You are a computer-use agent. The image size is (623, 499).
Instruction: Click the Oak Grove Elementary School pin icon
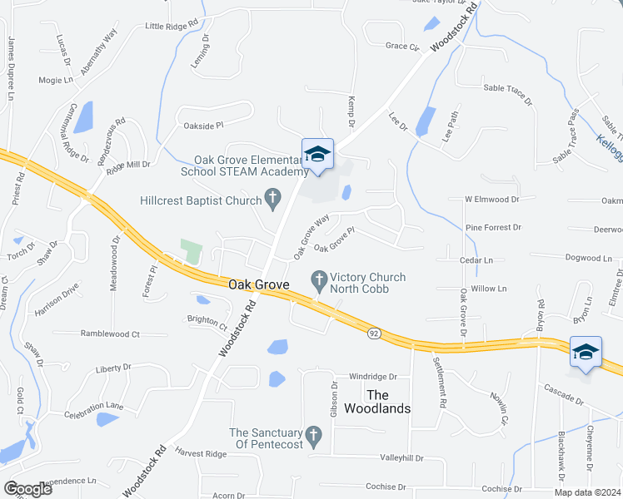pyautogui.click(x=317, y=155)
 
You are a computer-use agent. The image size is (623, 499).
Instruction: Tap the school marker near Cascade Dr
pyautogui.click(x=586, y=352)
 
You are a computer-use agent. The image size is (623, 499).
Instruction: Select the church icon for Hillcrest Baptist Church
pyautogui.click(x=272, y=199)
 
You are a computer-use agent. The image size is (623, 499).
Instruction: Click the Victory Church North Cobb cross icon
pyautogui.click(x=318, y=279)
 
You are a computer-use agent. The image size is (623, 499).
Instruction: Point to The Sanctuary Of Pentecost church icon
pyautogui.click(x=314, y=434)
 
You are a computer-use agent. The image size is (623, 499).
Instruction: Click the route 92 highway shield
pyautogui.click(x=375, y=333)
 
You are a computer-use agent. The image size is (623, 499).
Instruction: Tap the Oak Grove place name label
pyautogui.click(x=258, y=284)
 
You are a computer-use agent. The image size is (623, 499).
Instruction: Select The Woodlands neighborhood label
pyautogui.click(x=389, y=402)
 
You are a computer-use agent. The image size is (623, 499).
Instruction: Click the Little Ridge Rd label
pyautogui.click(x=173, y=27)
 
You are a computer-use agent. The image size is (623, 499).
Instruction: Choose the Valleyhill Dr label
pyautogui.click(x=401, y=457)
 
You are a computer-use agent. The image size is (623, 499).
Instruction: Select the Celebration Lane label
pyautogui.click(x=93, y=406)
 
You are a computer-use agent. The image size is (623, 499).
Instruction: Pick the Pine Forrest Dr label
pyautogui.click(x=493, y=227)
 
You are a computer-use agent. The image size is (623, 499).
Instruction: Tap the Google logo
pyautogui.click(x=27, y=489)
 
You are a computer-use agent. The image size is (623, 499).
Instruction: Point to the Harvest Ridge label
pyautogui.click(x=200, y=453)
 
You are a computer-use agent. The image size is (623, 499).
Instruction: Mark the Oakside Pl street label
pyautogui.click(x=204, y=126)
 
